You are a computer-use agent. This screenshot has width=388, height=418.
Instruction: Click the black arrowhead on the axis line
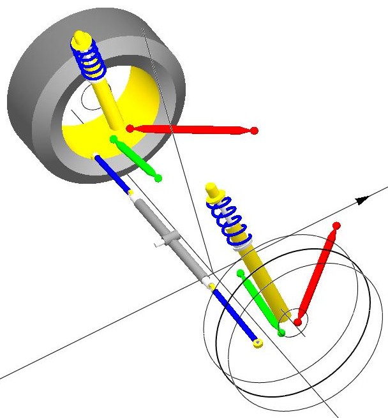coord(362,200)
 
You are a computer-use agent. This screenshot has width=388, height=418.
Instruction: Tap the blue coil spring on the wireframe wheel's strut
coord(229,220)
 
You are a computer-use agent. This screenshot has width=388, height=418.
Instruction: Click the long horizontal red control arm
coord(191,130)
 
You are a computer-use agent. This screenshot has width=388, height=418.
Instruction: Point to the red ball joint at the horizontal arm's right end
coord(254,131)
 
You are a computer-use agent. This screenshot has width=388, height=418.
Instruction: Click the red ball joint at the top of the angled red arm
coord(336,226)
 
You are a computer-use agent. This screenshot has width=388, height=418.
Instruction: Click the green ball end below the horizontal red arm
coord(158,178)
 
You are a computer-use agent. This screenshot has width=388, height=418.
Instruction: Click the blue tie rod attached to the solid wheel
coord(113,172)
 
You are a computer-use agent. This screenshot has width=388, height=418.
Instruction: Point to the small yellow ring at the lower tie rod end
coord(258,344)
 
